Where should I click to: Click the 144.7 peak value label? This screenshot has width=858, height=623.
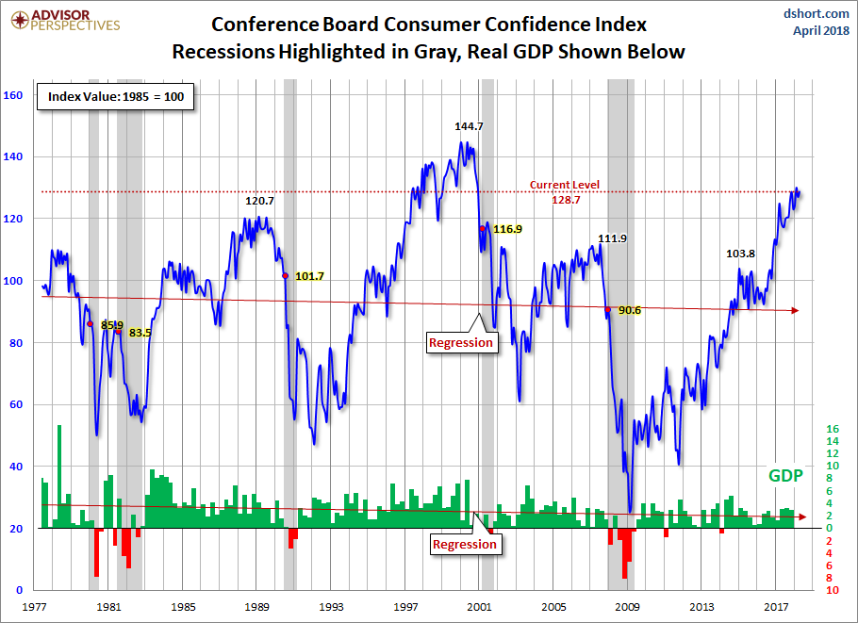(469, 125)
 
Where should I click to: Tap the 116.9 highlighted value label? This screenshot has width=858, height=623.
(506, 229)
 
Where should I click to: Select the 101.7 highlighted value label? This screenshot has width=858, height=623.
(309, 276)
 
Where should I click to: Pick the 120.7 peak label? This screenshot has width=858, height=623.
(259, 201)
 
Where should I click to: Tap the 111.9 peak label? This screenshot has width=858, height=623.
(612, 238)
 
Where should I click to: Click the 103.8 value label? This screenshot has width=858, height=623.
(741, 254)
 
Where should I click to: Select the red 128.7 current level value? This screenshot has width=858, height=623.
(566, 200)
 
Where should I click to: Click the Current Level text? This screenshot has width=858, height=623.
(565, 185)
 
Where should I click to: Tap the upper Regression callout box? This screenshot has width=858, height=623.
(460, 342)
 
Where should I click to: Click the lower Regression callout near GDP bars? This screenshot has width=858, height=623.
(464, 544)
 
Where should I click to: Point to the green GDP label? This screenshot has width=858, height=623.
(784, 476)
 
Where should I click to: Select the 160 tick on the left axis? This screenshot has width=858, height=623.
(13, 94)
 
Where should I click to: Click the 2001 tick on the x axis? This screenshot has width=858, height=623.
(480, 608)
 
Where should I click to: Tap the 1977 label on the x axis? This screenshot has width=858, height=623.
(36, 608)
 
